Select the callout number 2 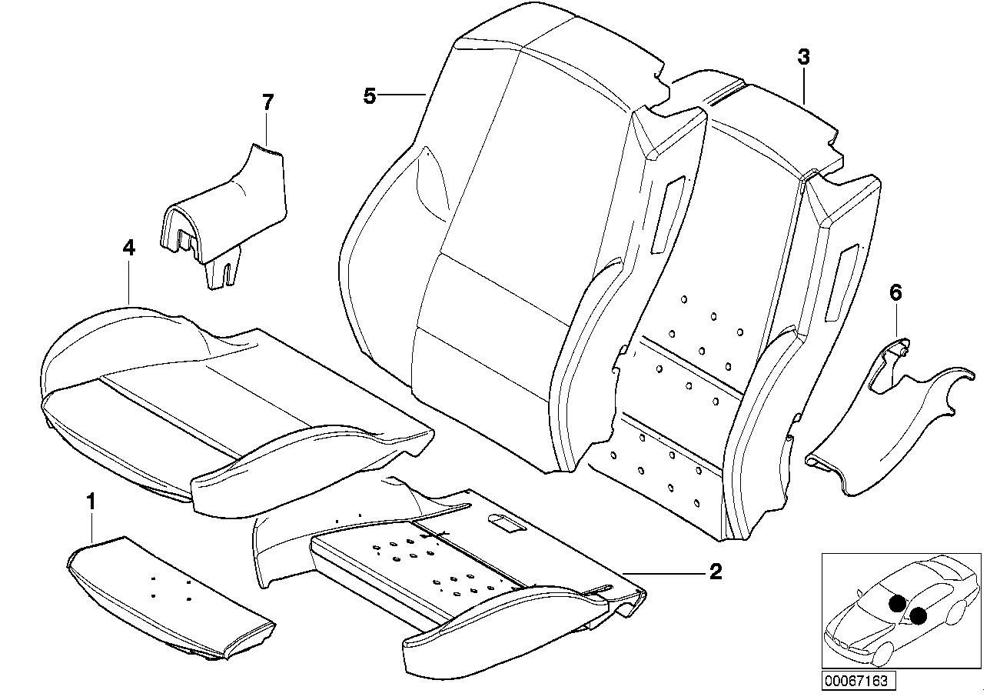click(715, 572)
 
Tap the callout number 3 click(803, 56)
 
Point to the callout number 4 click(128, 248)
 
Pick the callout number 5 click(370, 96)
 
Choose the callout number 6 click(895, 292)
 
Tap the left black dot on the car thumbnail click(897, 604)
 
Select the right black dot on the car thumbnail click(919, 615)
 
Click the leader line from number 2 click(669, 572)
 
